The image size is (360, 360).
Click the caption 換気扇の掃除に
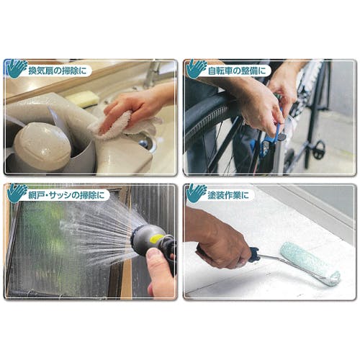(57, 71)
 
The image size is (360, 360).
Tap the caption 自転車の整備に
(237, 71)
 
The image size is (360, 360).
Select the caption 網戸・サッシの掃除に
(66, 195)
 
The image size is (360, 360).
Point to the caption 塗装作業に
(228, 195)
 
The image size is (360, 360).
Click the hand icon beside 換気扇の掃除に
(17, 69)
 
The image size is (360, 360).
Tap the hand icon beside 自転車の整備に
(196, 69)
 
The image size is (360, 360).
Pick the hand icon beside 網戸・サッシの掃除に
(17, 194)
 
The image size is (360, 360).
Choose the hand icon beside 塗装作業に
(196, 194)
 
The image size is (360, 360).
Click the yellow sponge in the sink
(83, 99)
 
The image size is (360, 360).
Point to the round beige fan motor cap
(41, 146)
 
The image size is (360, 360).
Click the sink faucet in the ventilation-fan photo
(152, 74)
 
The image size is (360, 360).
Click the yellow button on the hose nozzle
(156, 239)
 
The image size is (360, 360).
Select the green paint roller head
(310, 264)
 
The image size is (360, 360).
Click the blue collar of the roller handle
(254, 254)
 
